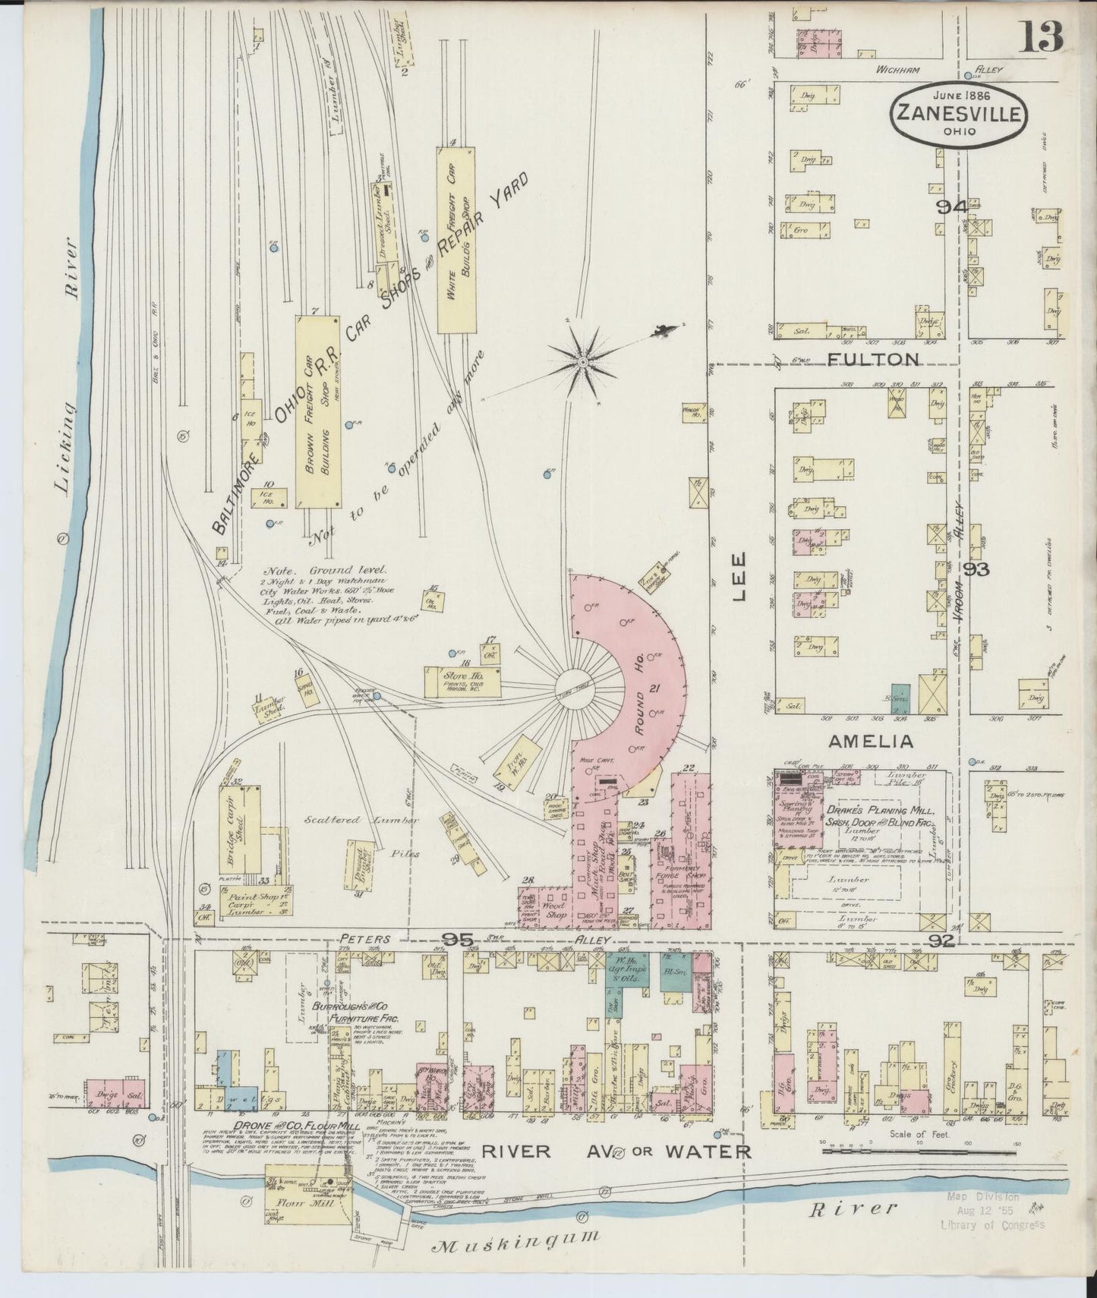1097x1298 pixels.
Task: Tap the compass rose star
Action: (582, 363)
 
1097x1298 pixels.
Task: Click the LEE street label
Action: (740, 577)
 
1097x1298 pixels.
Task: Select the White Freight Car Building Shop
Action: (456, 239)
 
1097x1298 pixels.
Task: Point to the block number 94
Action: (950, 206)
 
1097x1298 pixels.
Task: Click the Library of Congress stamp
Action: (993, 1211)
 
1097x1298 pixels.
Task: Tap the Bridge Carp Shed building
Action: (238, 833)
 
